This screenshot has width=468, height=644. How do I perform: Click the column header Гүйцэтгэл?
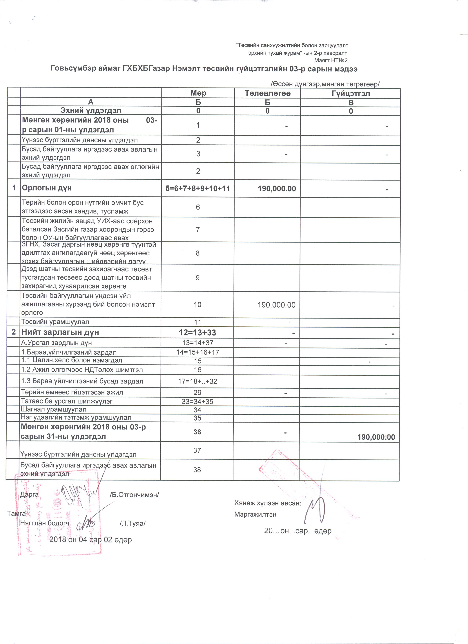(351, 94)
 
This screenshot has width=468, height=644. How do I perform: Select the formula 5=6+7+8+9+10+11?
(198, 188)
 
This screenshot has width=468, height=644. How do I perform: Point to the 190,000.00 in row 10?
(276, 305)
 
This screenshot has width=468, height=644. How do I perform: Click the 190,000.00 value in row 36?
(376, 437)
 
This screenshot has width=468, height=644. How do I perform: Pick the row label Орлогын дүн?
(47, 188)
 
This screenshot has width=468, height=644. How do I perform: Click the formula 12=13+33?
(197, 332)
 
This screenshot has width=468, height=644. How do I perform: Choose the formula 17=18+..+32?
(197, 381)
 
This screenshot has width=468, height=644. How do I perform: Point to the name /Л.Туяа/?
(133, 523)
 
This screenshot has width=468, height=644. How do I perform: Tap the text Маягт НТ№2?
(331, 60)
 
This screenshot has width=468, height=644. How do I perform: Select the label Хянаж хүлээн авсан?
(268, 503)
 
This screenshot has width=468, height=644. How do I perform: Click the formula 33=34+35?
(197, 401)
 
